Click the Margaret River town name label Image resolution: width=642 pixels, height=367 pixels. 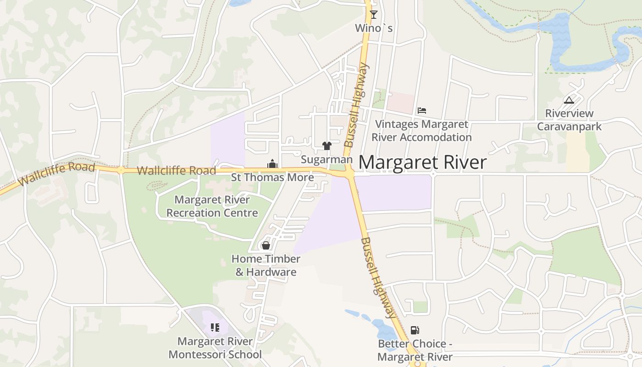click(x=422, y=162)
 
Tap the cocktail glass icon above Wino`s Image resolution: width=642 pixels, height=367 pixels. click(x=374, y=14)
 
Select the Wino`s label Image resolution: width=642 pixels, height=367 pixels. click(x=374, y=28)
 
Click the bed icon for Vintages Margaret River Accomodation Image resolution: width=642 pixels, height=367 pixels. click(x=422, y=111)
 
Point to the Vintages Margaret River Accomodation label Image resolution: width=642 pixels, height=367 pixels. click(x=421, y=131)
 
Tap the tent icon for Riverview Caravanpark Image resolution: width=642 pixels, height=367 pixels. click(x=569, y=100)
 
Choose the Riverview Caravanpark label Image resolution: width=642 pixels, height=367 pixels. click(x=569, y=120)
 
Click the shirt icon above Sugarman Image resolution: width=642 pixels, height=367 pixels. click(x=327, y=146)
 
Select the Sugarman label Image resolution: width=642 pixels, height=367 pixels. click(x=327, y=160)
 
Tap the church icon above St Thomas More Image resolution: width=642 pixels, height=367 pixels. click(x=272, y=164)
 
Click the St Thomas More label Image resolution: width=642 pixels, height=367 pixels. click(x=272, y=177)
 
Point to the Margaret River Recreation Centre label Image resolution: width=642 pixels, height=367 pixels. click(x=212, y=206)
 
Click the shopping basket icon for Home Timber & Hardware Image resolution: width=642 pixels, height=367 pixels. click(x=266, y=245)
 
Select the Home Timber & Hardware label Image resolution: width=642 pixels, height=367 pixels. click(x=266, y=265)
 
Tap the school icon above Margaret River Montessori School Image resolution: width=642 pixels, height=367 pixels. click(x=215, y=328)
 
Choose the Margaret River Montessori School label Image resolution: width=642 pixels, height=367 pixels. click(x=215, y=348)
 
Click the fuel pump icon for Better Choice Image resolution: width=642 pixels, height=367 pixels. click(x=415, y=330)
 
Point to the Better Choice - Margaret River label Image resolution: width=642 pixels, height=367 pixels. click(x=415, y=350)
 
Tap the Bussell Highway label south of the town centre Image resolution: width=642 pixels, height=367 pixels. click(x=378, y=278)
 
